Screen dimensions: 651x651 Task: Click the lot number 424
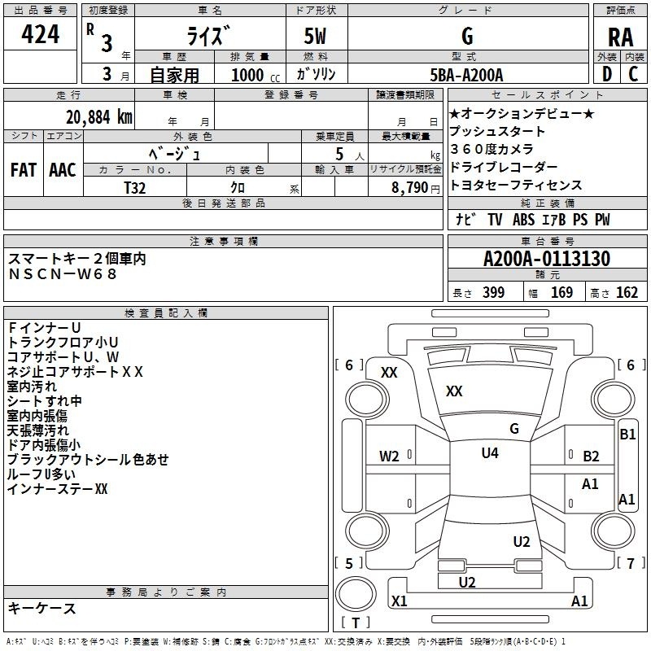coord(40,34)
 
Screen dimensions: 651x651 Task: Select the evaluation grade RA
coord(620,37)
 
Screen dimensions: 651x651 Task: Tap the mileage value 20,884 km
coord(98,117)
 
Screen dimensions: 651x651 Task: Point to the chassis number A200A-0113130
coord(547,258)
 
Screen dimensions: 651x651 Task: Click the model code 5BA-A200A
coord(466,75)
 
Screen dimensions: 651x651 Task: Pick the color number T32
coord(134,188)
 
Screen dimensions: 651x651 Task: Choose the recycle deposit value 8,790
coord(410,188)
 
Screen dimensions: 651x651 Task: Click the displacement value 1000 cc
coord(256,75)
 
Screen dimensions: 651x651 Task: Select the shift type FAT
coord(24,170)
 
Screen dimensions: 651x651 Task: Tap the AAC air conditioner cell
coord(63,170)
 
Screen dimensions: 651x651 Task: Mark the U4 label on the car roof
coord(490,452)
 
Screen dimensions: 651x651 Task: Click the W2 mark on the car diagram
coord(389,457)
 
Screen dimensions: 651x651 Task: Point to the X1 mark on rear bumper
coord(399,601)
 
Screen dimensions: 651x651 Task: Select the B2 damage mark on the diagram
coord(591,457)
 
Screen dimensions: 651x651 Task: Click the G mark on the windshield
coord(514,429)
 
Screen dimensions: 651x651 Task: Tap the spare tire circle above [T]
coord(356,594)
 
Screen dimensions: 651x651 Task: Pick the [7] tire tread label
coord(630,563)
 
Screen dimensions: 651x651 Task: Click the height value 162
coord(627,292)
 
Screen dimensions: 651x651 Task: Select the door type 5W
coord(316,36)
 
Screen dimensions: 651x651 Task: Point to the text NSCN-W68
coord(63,274)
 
